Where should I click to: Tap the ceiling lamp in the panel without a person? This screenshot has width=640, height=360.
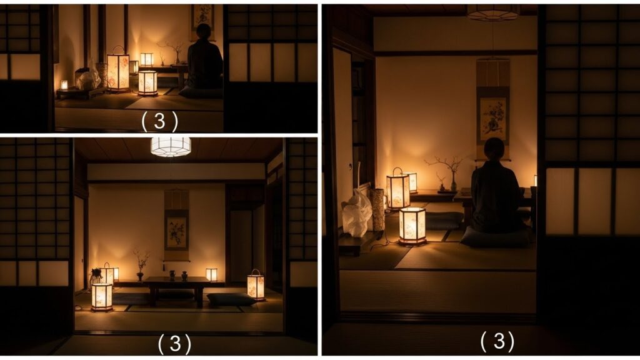point(171,146)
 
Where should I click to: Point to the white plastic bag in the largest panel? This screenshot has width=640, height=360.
point(357,214)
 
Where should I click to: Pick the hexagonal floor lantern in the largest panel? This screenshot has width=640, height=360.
point(412,226)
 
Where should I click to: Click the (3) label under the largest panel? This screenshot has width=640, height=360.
point(497,341)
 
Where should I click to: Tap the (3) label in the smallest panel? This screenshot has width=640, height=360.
point(159,121)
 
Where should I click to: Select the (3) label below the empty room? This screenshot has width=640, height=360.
point(175,344)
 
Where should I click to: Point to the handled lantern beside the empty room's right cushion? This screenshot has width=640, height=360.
point(256,285)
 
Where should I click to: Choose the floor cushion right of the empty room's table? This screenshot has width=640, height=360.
point(231,299)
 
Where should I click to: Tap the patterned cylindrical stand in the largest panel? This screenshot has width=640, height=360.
point(377,209)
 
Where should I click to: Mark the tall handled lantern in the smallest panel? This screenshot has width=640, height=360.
point(118,69)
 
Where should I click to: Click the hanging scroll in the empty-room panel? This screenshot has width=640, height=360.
point(176,225)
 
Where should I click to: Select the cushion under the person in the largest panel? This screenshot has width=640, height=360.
point(496,237)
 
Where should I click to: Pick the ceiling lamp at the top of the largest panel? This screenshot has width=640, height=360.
point(493,12)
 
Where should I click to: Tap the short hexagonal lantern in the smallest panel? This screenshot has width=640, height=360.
point(147,83)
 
